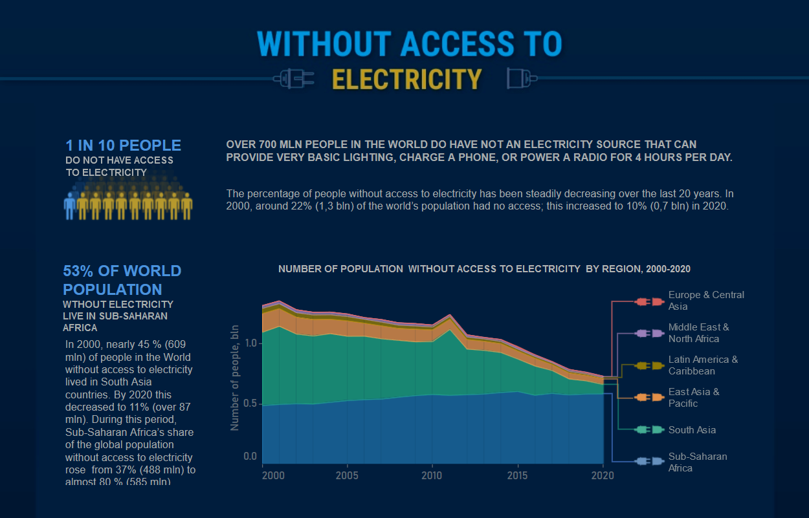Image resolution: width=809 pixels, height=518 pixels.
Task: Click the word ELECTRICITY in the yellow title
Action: pyautogui.click(x=406, y=79)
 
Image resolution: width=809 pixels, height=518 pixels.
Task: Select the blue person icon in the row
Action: pyautogui.click(x=70, y=205)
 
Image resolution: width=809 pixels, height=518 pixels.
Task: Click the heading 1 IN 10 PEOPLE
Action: pyautogui.click(x=123, y=146)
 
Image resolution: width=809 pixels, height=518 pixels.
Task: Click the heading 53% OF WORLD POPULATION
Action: pyautogui.click(x=122, y=279)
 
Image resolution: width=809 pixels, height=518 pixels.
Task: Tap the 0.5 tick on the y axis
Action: pyautogui.click(x=250, y=404)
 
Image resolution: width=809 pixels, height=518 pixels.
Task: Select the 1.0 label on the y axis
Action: pyautogui.click(x=250, y=343)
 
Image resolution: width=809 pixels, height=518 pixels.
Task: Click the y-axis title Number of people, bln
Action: pyautogui.click(x=235, y=377)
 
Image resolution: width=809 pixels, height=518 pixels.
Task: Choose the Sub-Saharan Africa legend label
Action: pyautogui.click(x=698, y=462)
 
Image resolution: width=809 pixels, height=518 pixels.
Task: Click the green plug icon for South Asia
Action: pyautogui.click(x=649, y=430)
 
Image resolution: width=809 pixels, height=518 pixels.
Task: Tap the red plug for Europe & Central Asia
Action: pyautogui.click(x=649, y=301)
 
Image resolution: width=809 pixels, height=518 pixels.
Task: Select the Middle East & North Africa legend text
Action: pyautogui.click(x=698, y=333)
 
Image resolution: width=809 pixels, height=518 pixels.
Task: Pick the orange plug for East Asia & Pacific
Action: pyautogui.click(x=649, y=398)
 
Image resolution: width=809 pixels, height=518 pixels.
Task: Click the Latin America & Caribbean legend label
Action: pyautogui.click(x=703, y=365)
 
